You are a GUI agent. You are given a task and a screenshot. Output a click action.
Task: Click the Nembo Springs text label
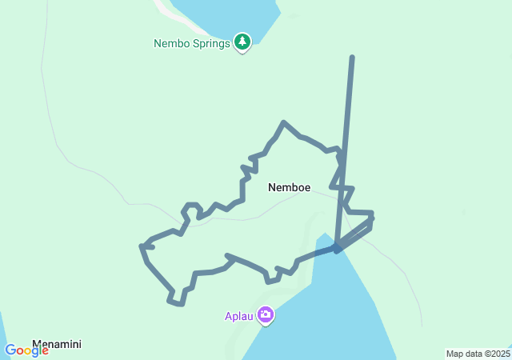192,43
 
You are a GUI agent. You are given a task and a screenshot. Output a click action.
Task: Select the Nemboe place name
288,187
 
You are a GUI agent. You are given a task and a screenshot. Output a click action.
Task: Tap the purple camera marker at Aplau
266,315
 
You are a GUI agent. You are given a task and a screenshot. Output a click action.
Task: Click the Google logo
26,350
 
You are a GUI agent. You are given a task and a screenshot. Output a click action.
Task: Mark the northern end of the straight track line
352,58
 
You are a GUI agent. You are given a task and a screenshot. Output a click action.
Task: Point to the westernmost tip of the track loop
142,246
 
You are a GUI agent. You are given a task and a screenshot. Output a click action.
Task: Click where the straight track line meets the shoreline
338,249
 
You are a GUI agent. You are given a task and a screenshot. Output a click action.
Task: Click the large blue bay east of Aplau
336,312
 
